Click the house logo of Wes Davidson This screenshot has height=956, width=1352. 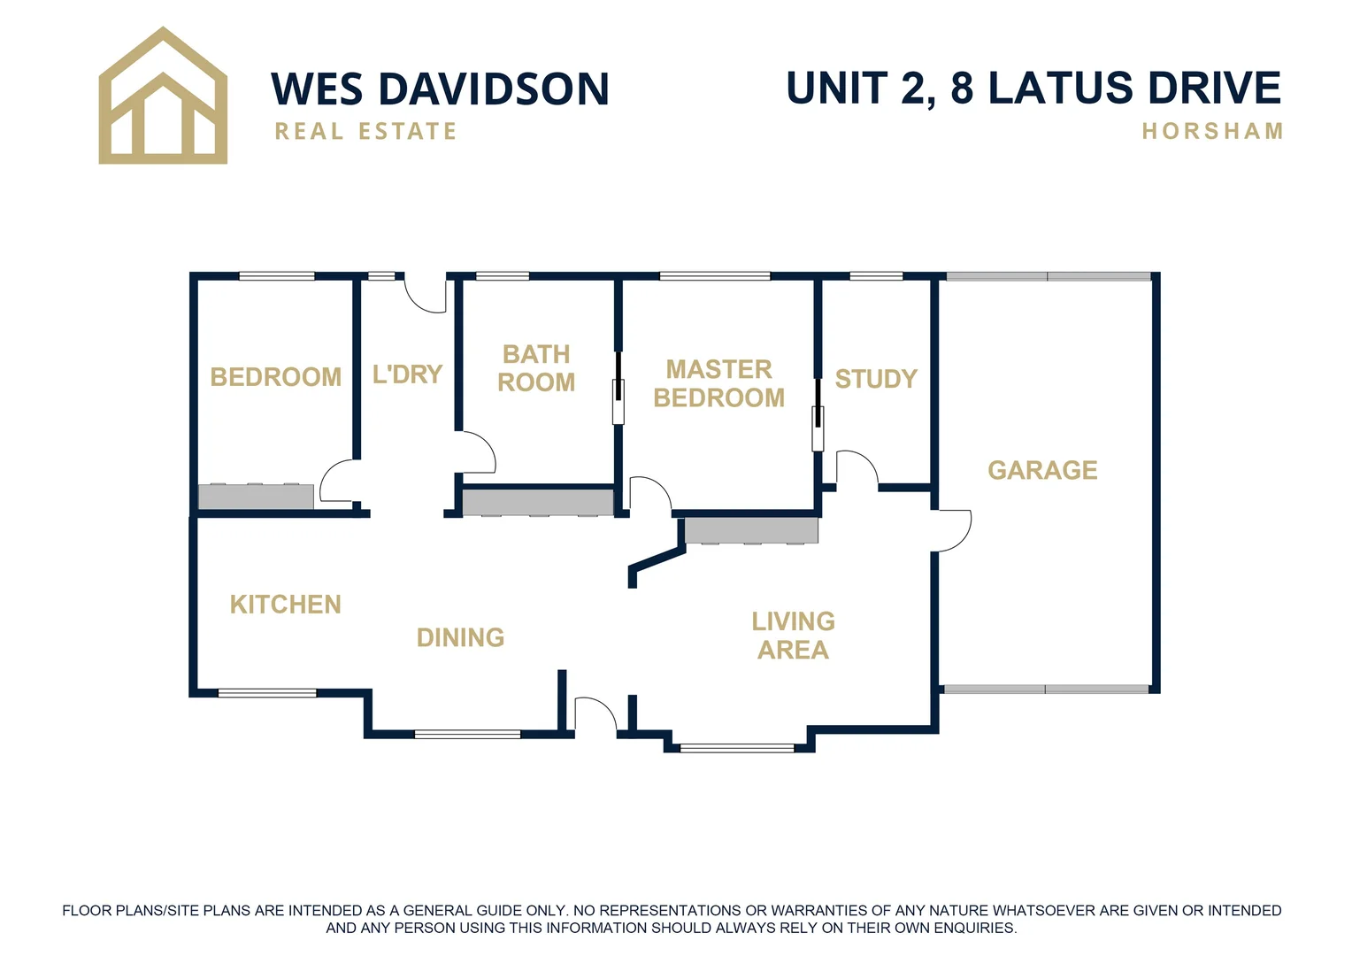[163, 97]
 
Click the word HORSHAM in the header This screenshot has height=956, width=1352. [1212, 131]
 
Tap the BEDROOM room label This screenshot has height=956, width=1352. [275, 377]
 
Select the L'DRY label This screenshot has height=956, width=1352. [407, 374]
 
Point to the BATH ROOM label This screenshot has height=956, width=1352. [536, 368]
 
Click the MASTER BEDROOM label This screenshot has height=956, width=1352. [718, 383]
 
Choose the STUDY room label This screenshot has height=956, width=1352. [876, 379]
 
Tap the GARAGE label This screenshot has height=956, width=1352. [1042, 470]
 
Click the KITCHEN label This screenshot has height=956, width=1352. [285, 605]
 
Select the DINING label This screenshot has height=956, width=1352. [460, 637]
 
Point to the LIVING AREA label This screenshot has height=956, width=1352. [793, 636]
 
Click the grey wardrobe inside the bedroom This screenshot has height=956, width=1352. [256, 497]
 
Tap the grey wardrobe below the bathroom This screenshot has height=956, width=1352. [538, 502]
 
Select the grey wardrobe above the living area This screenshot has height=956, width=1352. [751, 531]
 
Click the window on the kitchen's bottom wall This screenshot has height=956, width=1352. [267, 693]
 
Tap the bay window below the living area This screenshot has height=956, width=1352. [737, 748]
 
